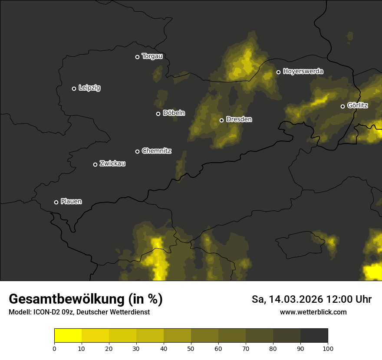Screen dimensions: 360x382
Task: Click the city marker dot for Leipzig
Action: pyautogui.click(x=74, y=88)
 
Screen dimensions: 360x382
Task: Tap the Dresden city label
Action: pyautogui.click(x=239, y=119)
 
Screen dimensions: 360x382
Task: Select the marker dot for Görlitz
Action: pyautogui.click(x=342, y=106)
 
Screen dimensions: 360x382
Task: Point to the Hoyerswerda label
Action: pyautogui.click(x=303, y=71)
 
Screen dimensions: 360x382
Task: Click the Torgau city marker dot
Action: pyautogui.click(x=137, y=57)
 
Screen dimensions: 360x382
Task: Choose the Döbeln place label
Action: pyautogui.click(x=174, y=113)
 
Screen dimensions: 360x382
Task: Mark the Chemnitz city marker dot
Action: pyautogui.click(x=137, y=151)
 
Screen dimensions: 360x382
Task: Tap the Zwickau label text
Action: pyautogui.click(x=112, y=164)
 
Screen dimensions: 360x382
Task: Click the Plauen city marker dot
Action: pyautogui.click(x=56, y=202)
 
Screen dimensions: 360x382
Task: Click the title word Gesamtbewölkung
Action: pyautogui.click(x=66, y=299)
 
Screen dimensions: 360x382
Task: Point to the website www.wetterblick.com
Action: pyautogui.click(x=313, y=312)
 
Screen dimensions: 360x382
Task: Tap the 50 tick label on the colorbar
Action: pyautogui.click(x=191, y=348)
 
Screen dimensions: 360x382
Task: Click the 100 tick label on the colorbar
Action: pyautogui.click(x=328, y=348)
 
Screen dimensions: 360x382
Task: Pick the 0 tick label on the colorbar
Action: pyautogui.click(x=54, y=348)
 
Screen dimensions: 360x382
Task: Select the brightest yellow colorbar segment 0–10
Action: pyautogui.click(x=68, y=336)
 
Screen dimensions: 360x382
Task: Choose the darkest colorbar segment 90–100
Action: pyautogui.click(x=314, y=336)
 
